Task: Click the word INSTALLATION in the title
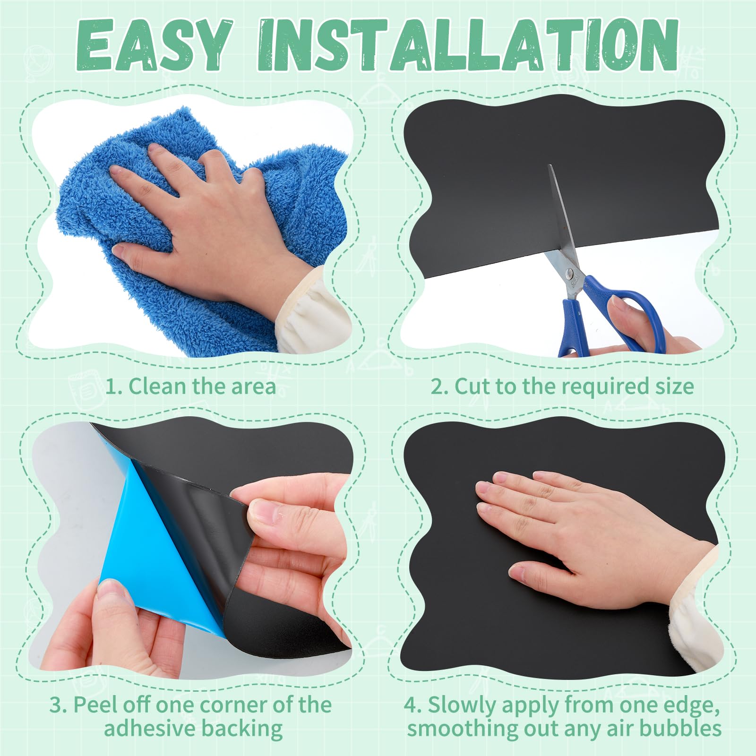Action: [468, 46]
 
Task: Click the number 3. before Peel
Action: [59, 705]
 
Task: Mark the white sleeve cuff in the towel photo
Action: [312, 317]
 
